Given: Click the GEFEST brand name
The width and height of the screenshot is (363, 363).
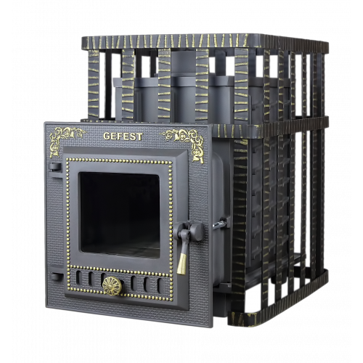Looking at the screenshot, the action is [123, 136].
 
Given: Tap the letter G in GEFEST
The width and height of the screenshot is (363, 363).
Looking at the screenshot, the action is [107, 136].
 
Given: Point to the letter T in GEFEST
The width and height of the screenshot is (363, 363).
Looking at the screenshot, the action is [139, 136].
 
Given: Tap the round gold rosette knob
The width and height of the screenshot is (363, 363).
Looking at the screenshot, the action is [112, 286].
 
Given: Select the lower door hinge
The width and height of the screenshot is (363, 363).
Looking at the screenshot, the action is [56, 277].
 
